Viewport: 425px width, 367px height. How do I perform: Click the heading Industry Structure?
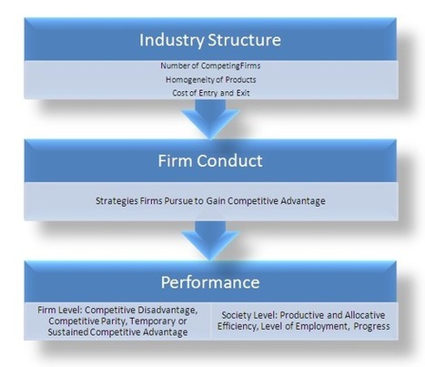(210, 40)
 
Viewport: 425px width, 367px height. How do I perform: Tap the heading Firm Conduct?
(210, 160)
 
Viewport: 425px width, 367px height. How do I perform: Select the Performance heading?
(210, 282)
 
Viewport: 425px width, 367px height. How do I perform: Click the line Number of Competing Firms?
(210, 66)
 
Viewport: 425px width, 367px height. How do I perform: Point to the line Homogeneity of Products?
(210, 79)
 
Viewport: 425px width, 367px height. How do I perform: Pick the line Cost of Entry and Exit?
(211, 93)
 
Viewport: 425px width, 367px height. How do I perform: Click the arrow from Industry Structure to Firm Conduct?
(210, 119)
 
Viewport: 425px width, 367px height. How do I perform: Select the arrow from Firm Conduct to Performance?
(210, 240)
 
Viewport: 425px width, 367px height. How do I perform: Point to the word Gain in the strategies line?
(216, 200)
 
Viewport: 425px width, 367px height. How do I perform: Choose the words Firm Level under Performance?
(60, 310)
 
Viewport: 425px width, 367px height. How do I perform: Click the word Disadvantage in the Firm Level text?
(167, 311)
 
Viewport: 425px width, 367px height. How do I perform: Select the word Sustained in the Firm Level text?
(68, 332)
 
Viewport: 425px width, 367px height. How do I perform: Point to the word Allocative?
(365, 315)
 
